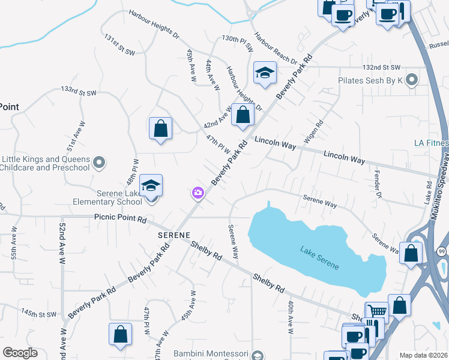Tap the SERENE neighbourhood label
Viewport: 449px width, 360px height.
(174, 235)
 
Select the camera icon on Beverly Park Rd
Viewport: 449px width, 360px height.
(197, 193)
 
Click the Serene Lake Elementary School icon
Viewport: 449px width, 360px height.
(151, 185)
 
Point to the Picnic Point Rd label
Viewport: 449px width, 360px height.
(120, 220)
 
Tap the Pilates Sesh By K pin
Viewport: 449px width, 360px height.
(412, 79)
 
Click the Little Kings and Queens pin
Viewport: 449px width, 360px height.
(100, 162)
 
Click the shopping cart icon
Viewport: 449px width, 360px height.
(376, 311)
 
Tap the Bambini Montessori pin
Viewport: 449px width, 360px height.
(258, 355)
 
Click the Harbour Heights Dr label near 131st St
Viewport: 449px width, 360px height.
(154, 23)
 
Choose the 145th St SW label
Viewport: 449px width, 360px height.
(38, 313)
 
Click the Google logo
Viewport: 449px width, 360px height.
(20, 353)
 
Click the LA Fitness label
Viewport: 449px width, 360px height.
(431, 143)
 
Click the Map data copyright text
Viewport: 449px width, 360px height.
(423, 355)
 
